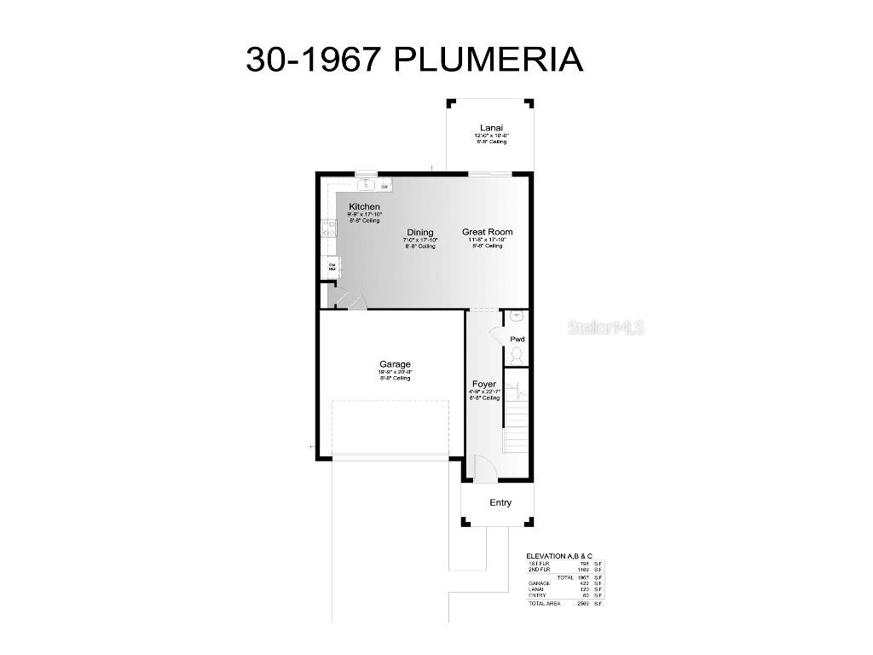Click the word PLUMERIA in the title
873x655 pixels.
pos(489,60)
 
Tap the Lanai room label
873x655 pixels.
pos(491,128)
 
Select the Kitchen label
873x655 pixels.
pos(364,207)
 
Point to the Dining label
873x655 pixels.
pos(419,232)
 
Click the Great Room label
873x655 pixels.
pos(488,232)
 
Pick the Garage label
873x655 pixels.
pos(395,364)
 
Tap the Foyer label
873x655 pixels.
pos(483,385)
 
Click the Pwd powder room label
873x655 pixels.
pos(517,339)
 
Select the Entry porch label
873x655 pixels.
pos(500,503)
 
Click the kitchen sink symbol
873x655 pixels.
pos(367,183)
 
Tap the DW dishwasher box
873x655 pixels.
pos(384,186)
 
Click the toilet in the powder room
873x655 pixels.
pos(517,351)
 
